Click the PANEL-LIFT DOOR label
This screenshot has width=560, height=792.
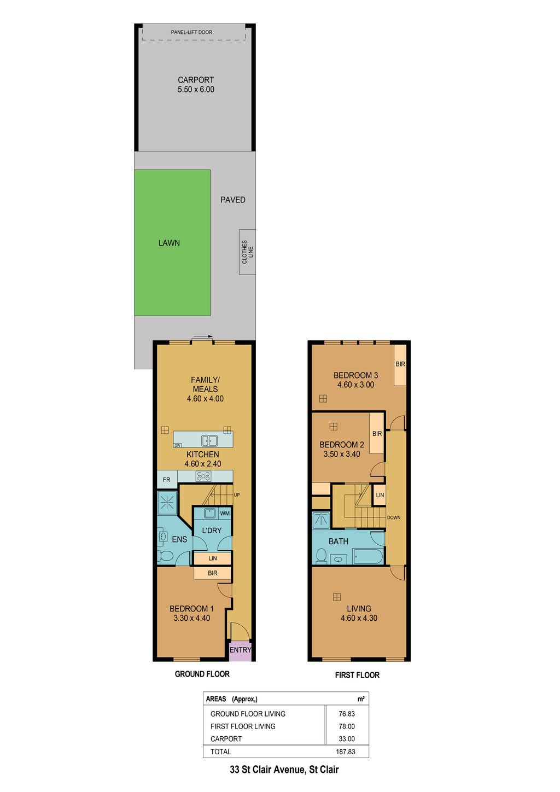point(191,32)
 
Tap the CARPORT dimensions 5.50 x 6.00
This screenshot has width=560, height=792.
point(196,90)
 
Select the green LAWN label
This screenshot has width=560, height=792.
point(169,243)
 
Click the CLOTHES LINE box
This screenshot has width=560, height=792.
point(247,252)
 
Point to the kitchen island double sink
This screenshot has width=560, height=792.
point(209,440)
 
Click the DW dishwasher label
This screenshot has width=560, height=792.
point(178,445)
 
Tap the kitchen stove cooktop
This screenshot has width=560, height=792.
point(203,476)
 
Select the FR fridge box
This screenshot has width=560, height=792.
point(167,480)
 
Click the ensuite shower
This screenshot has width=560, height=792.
point(167,502)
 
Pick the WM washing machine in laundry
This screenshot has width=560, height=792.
point(225,513)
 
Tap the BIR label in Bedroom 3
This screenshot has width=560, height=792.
point(400,364)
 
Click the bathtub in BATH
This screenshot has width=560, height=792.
point(368,556)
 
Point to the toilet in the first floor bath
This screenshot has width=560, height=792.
point(321,556)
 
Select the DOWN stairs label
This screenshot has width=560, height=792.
point(394,517)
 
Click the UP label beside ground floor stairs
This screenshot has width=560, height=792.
point(236,494)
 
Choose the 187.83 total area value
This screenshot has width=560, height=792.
point(346,752)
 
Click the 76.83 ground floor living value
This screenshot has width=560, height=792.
point(347,713)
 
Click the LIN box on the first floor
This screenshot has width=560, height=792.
point(380,494)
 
